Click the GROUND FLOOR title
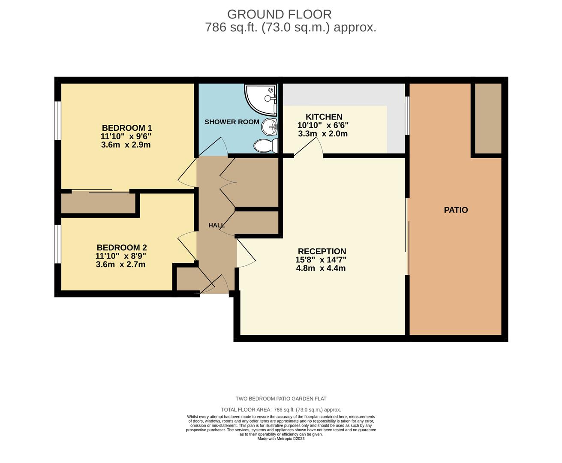[279, 14]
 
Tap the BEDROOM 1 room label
[126, 128]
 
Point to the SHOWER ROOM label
[231, 122]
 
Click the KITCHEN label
[324, 117]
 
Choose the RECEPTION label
[322, 251]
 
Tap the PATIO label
[456, 210]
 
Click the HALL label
[216, 225]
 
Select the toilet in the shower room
[263, 146]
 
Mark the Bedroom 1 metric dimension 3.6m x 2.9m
[126, 145]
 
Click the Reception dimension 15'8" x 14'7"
[321, 260]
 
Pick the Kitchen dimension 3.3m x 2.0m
[322, 134]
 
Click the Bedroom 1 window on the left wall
[57, 120]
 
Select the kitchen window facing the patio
[407, 115]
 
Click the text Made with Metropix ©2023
[281, 439]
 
